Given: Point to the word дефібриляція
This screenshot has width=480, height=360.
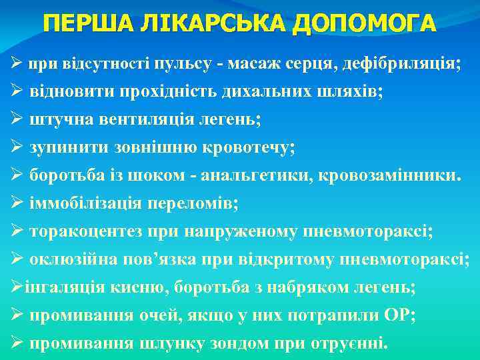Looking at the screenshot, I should pos(404,65).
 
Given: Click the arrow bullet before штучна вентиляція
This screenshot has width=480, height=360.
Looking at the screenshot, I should pos(17,121).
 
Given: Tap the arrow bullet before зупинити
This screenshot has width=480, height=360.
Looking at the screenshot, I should pos(17,149).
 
